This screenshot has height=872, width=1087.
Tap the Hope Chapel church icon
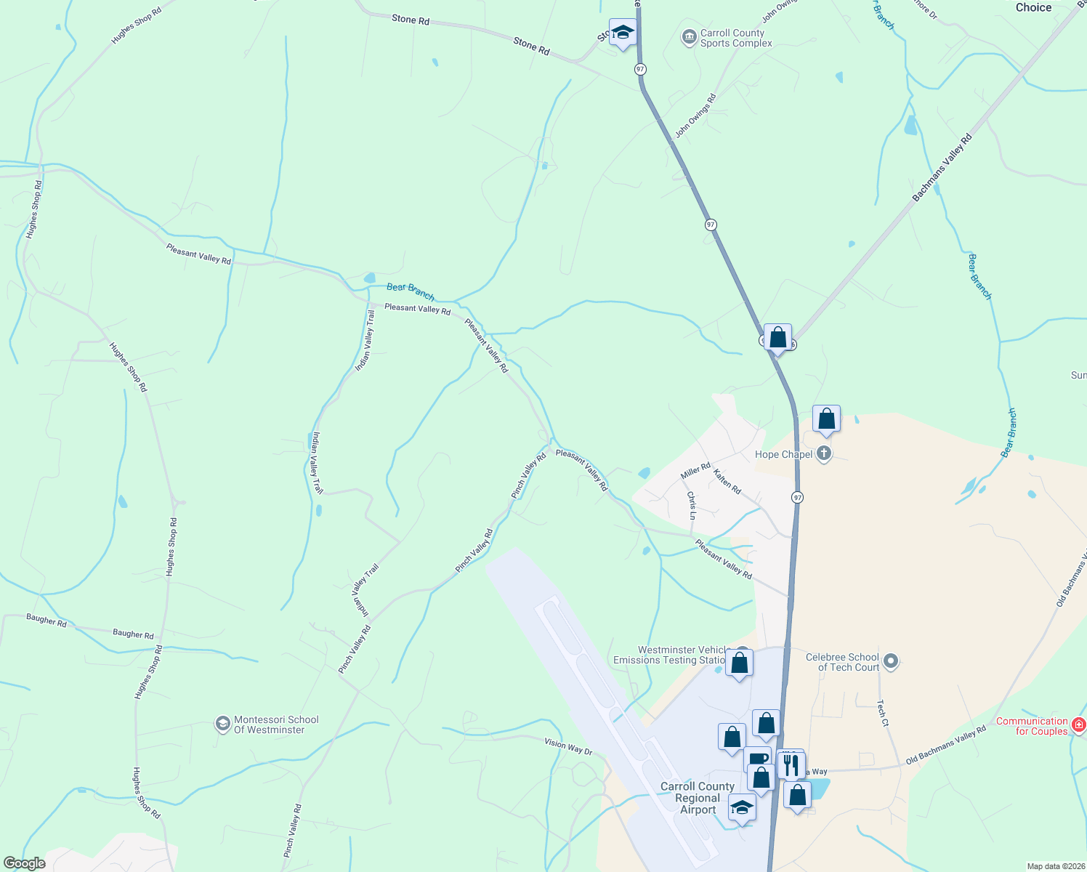(823, 454)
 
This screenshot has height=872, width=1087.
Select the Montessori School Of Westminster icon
(222, 724)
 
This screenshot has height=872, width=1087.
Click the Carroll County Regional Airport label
(698, 798)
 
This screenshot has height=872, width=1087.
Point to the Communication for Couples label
(1032, 726)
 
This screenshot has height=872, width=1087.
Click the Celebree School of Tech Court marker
(891, 661)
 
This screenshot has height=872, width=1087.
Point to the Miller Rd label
(695, 471)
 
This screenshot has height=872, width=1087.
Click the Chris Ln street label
(692, 505)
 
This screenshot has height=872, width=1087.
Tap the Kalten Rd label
(727, 482)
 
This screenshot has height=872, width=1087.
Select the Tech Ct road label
(882, 713)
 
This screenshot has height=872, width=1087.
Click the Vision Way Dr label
(568, 746)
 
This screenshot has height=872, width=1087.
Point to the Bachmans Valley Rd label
(942, 168)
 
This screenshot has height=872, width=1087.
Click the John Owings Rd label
(695, 116)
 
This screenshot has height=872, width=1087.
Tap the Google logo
(25, 863)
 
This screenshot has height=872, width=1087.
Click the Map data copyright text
(1056, 866)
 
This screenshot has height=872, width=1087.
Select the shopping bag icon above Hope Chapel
(826, 419)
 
